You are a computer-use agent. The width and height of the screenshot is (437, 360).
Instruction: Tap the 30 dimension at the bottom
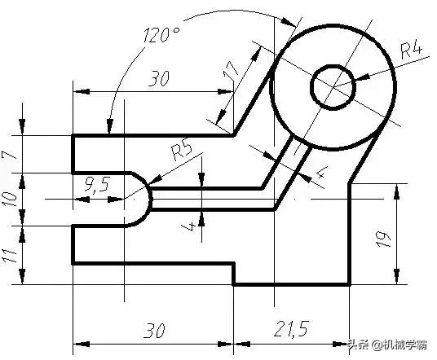click(153, 331)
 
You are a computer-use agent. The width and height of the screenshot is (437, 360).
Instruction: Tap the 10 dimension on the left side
click(11, 198)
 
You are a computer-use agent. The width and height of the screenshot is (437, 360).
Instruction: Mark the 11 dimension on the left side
click(11, 254)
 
